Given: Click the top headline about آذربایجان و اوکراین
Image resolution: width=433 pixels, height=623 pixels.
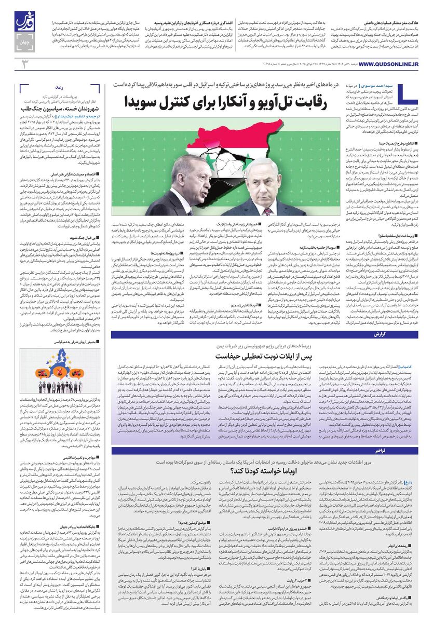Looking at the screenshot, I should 196,24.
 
